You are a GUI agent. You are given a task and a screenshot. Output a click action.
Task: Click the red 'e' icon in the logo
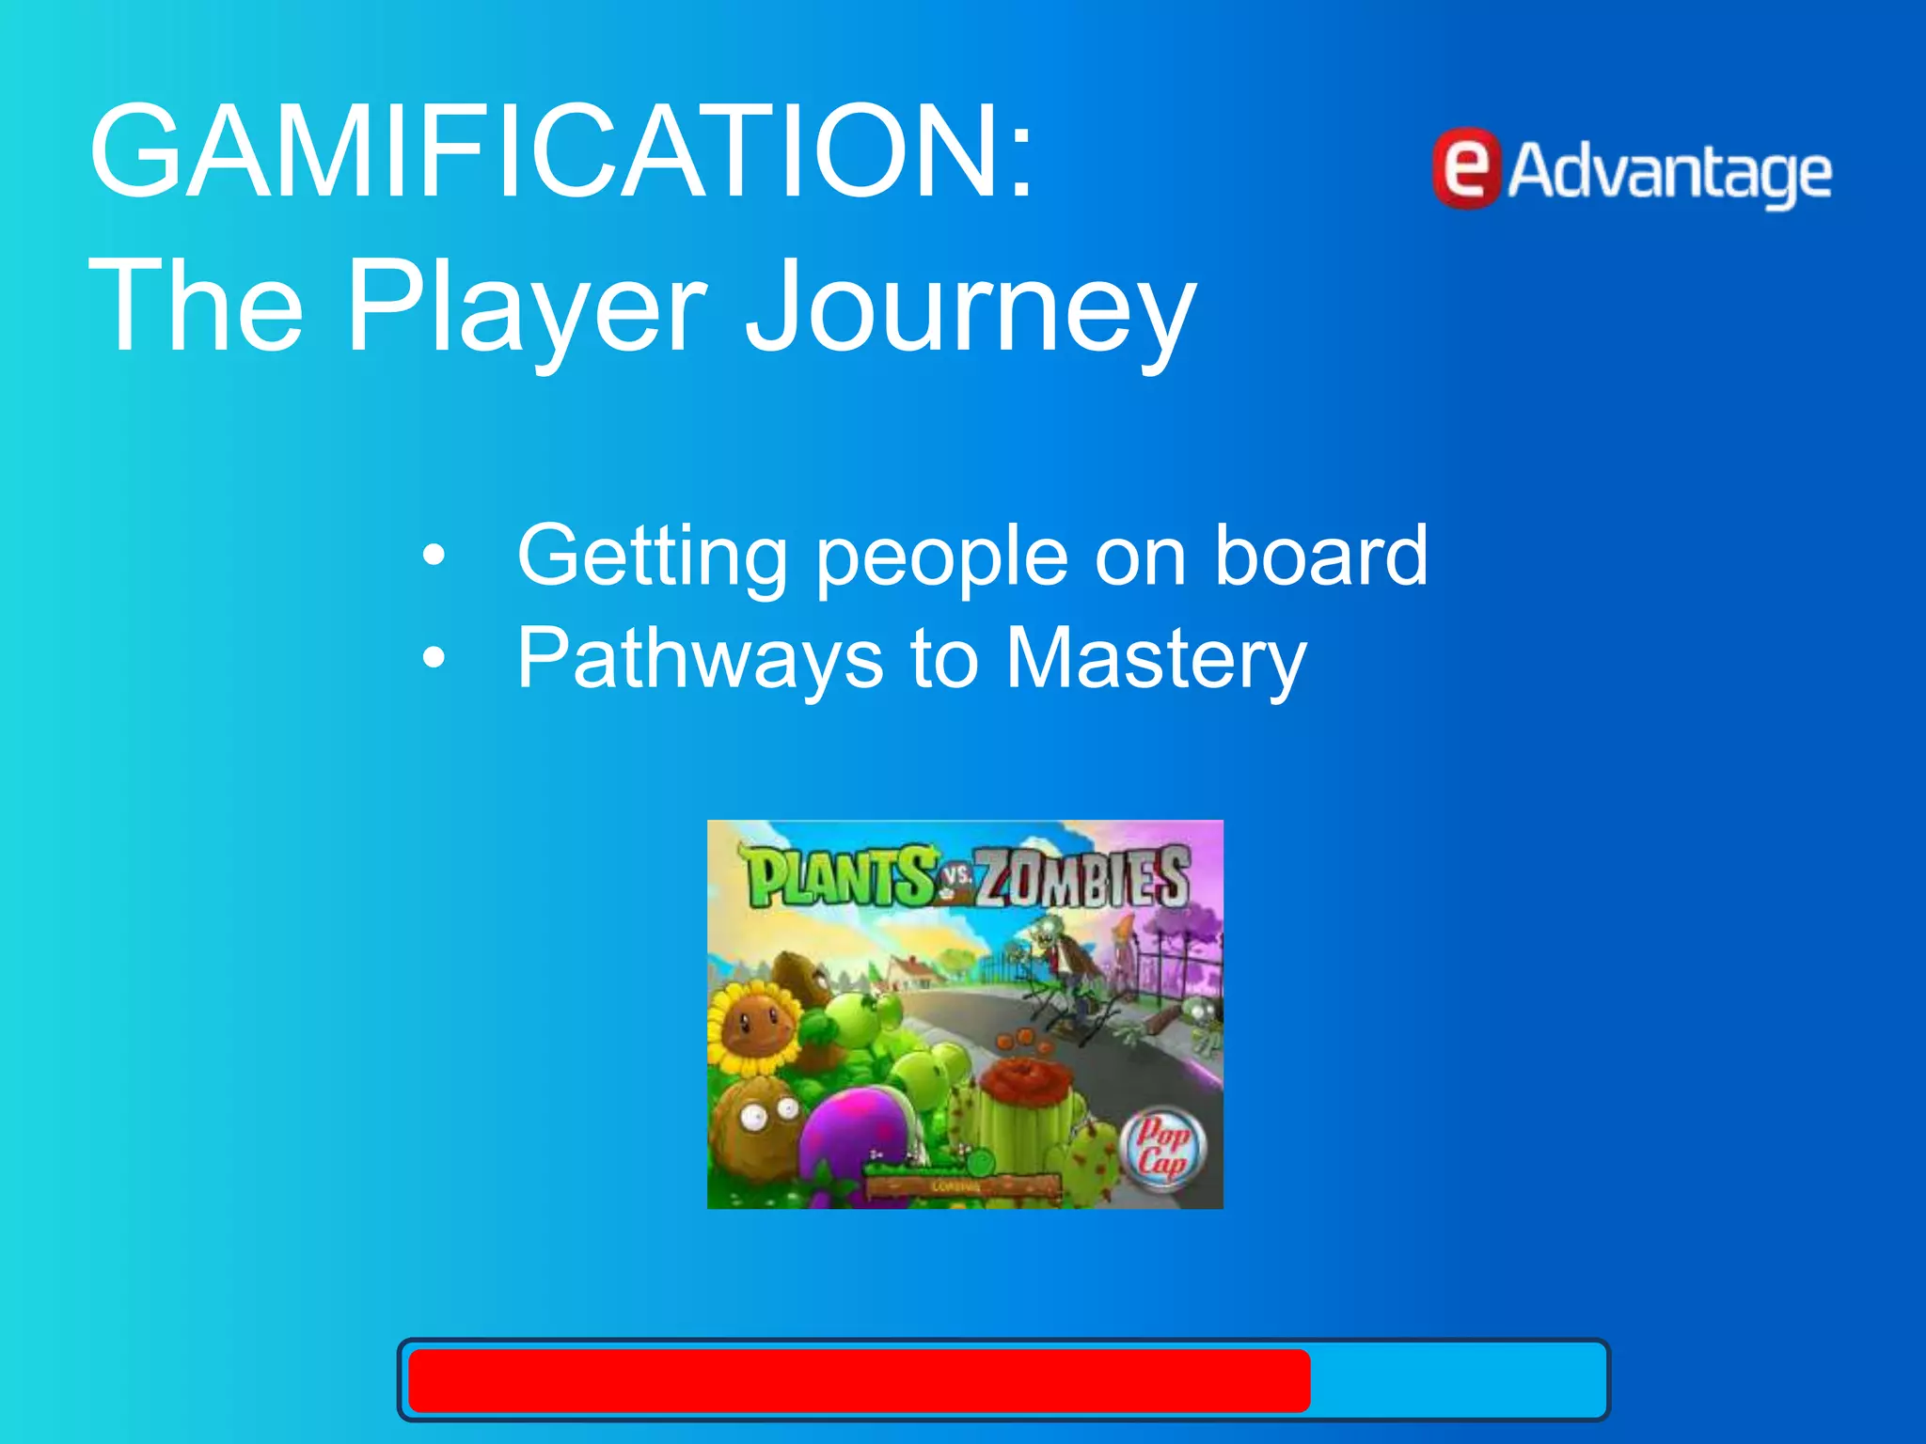click(1466, 169)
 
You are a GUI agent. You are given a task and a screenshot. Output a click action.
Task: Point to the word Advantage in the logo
click(1669, 174)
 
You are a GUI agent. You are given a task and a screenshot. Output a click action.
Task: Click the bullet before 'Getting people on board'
click(434, 556)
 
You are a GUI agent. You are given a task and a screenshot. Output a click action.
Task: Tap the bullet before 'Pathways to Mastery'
click(434, 657)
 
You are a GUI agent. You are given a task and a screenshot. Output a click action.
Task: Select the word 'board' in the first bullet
click(1320, 556)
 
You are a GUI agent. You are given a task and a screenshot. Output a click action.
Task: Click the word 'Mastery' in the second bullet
click(1156, 658)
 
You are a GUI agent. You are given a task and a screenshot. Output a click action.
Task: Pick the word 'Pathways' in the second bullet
click(701, 658)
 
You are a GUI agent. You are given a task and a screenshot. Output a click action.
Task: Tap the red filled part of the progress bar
click(858, 1380)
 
